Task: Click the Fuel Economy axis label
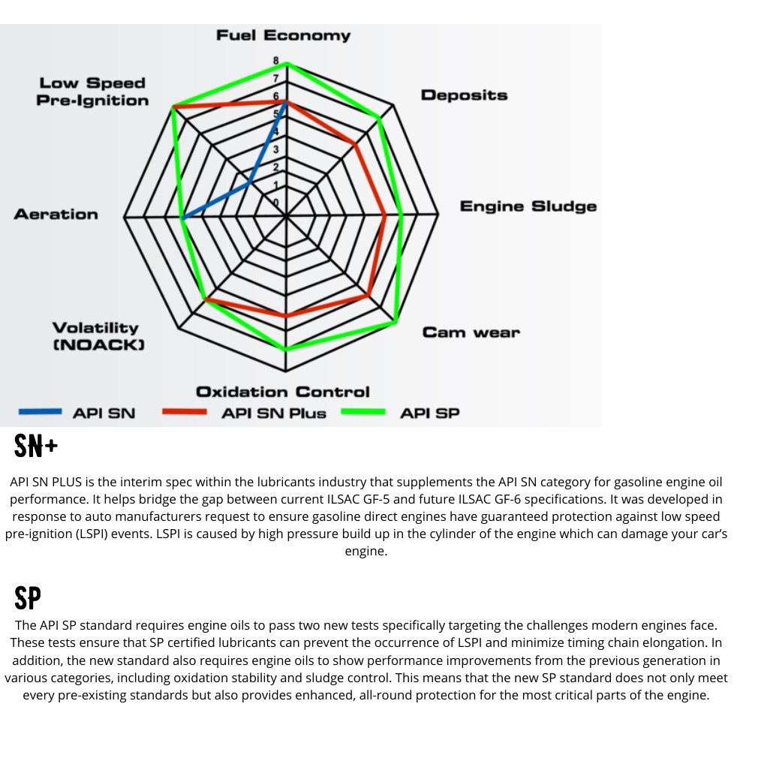283,35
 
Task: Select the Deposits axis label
464,95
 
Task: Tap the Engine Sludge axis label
528,206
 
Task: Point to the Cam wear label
471,332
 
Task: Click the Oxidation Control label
282,392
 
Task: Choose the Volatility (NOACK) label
97,335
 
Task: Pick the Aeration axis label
56,215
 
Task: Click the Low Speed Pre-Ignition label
92,92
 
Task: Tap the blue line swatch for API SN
40,412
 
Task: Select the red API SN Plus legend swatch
183,412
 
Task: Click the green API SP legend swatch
363,412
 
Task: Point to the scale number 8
276,61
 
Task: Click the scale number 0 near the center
276,203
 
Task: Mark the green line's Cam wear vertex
396,323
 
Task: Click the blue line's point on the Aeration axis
182,218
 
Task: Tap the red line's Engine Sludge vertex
385,216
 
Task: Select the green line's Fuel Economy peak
287,64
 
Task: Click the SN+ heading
36,447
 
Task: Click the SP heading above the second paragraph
27,599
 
